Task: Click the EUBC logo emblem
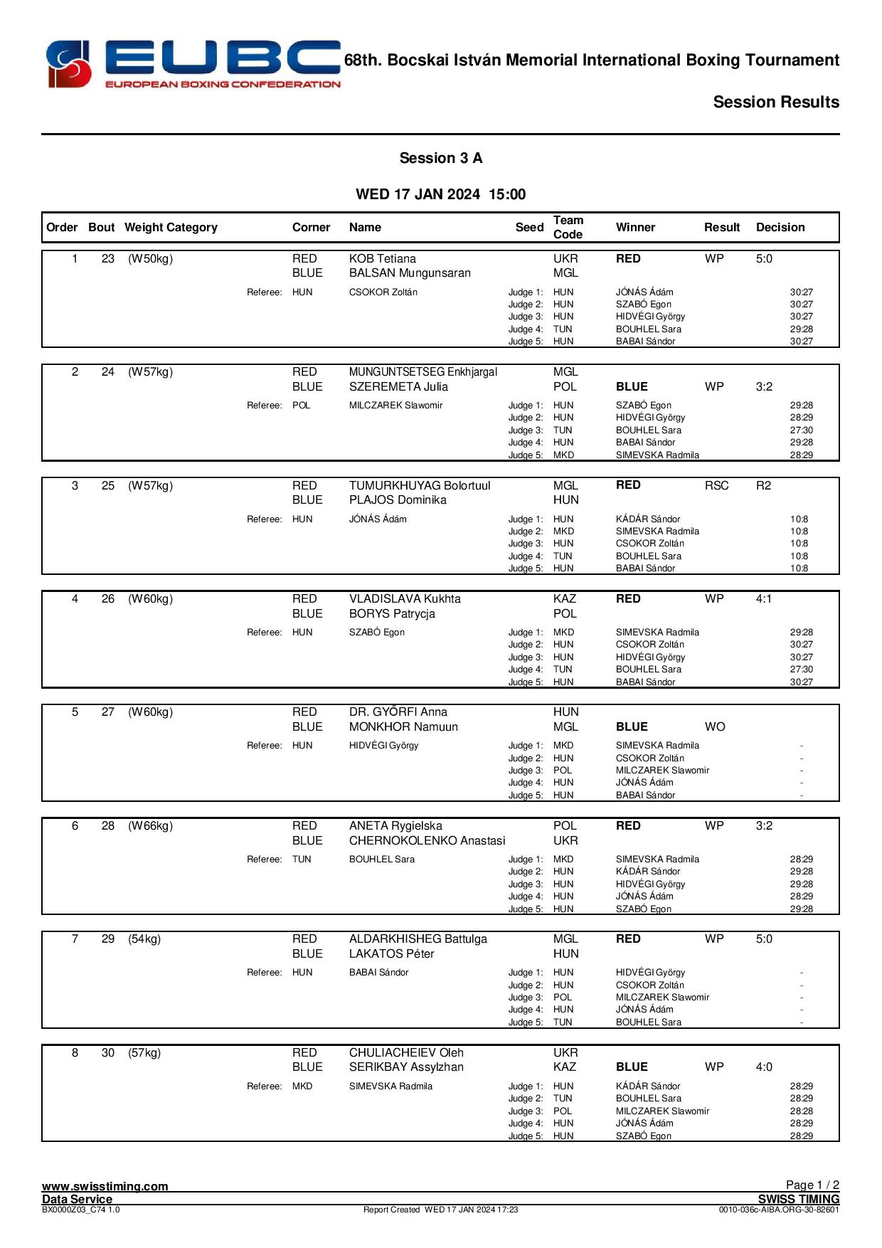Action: (69, 64)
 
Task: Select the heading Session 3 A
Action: (440, 158)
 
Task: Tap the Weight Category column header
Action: (171, 228)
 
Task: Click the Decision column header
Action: (780, 228)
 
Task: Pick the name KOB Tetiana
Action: (382, 259)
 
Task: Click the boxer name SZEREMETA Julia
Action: (398, 387)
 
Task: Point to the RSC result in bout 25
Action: (716, 486)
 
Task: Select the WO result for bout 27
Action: (715, 727)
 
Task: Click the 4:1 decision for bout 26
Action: (763, 599)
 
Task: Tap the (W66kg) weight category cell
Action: (150, 826)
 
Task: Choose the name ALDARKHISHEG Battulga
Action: (418, 939)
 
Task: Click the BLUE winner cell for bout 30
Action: (631, 1067)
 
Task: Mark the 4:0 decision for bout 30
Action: (763, 1067)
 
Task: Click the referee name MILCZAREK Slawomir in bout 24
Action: (395, 406)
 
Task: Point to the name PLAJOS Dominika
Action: (398, 500)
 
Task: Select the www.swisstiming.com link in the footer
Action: (105, 1186)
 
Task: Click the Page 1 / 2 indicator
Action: (812, 1185)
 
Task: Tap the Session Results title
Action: (775, 102)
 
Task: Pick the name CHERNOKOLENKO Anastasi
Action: (427, 841)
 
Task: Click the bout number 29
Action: (107, 939)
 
